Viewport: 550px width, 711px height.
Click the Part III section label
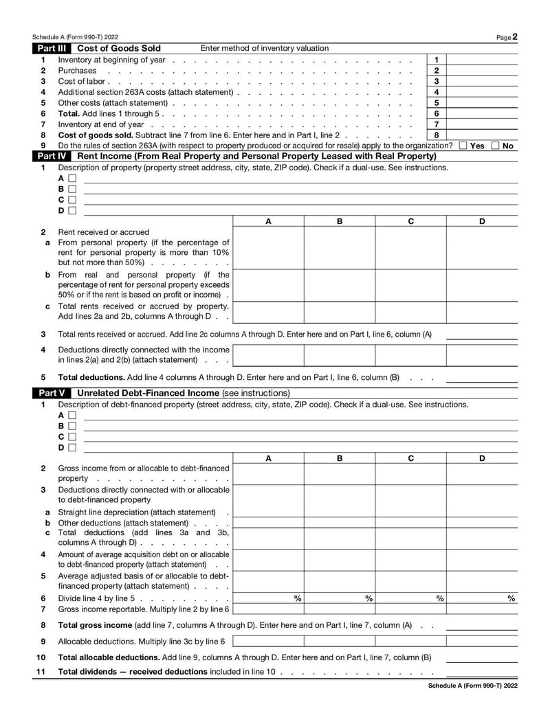pyautogui.click(x=52, y=48)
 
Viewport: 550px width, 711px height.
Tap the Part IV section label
pyautogui.click(x=52, y=156)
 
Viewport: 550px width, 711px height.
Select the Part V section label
pyautogui.click(x=50, y=393)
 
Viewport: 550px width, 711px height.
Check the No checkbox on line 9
pyautogui.click(x=496, y=146)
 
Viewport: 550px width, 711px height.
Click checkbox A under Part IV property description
pyautogui.click(x=72, y=179)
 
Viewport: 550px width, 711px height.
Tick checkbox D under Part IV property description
pyautogui.click(x=72, y=210)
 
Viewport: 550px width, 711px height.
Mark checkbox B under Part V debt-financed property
pyautogui.click(x=72, y=426)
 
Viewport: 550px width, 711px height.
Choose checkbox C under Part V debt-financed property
pyautogui.click(x=72, y=436)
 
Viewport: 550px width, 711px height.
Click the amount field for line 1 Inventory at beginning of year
pyautogui.click(x=482, y=60)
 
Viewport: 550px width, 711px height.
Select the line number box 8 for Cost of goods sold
pyautogui.click(x=437, y=135)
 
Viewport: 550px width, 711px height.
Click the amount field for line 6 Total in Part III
pyautogui.click(x=482, y=113)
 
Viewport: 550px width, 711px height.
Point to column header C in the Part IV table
pyautogui.click(x=410, y=221)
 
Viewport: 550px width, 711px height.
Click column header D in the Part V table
pyautogui.click(x=482, y=458)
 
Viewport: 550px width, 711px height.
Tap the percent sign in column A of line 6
pyautogui.click(x=297, y=598)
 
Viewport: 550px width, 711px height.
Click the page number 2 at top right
pyautogui.click(x=515, y=37)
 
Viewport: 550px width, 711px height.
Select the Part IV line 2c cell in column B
pyautogui.click(x=340, y=312)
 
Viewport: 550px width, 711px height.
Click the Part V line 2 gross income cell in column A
pyautogui.click(x=268, y=473)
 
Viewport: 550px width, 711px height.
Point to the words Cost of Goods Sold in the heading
pyautogui.click(x=119, y=48)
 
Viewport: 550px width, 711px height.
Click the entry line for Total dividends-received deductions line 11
pyautogui.click(x=482, y=671)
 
